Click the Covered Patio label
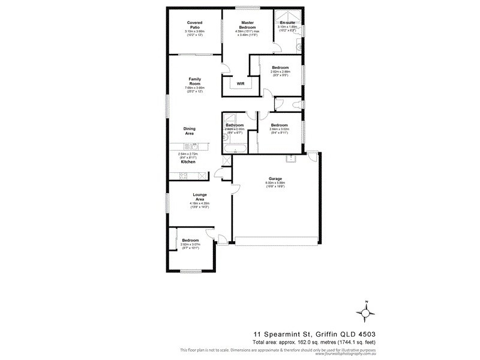[x=194, y=25]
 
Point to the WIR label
[x=240, y=83]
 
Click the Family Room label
[x=194, y=81]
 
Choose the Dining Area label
[x=190, y=131]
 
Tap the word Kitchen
[x=188, y=162]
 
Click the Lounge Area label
[x=200, y=196]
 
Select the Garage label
[x=275, y=179]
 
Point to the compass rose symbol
[x=366, y=313]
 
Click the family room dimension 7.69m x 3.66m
[x=194, y=88]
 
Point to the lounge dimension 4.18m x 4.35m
[x=200, y=203]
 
